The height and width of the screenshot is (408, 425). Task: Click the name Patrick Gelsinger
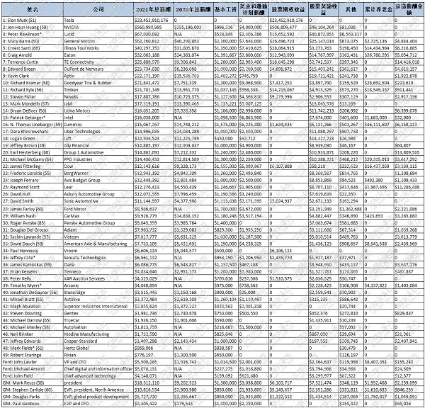[29, 118]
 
